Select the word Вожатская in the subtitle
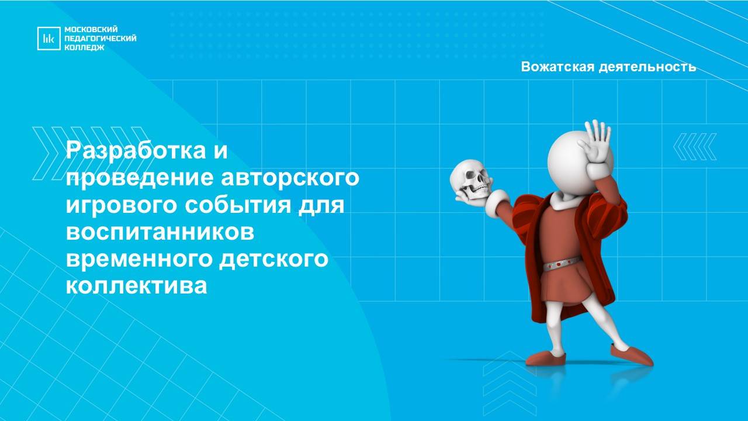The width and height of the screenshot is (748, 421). [x=557, y=67]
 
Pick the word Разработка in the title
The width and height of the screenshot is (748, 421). [x=134, y=151]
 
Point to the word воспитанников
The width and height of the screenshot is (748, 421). [x=161, y=232]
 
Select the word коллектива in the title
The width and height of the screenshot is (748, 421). [x=137, y=286]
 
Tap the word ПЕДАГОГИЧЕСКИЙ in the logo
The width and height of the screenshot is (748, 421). [x=100, y=39]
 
